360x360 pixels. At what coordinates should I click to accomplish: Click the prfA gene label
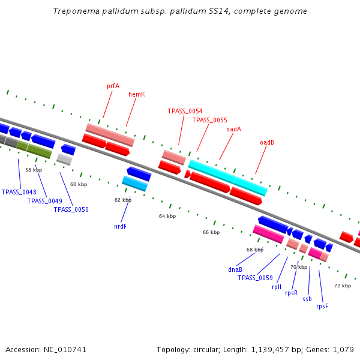tap(113, 86)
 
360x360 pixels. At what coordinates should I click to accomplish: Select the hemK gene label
tap(137, 94)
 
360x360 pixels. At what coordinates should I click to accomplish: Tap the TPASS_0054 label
tap(185, 111)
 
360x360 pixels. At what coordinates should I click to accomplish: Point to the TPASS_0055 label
tap(209, 120)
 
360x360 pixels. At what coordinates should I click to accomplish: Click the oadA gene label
tap(233, 129)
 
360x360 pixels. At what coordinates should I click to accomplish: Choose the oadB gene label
tap(266, 142)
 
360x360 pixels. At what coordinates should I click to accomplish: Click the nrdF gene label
tap(120, 226)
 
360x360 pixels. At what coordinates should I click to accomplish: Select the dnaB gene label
tap(235, 269)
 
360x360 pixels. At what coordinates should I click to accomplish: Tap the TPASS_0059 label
tap(255, 278)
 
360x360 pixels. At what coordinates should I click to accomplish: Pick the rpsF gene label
tap(322, 306)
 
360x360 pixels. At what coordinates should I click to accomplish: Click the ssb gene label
tap(307, 299)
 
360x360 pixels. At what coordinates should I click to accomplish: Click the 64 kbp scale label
tap(167, 216)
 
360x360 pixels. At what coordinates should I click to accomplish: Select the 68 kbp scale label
tap(255, 250)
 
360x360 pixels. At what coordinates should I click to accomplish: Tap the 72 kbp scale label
tap(343, 286)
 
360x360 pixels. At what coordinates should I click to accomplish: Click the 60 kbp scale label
tap(79, 184)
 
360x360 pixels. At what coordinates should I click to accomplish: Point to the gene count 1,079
tap(343, 349)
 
